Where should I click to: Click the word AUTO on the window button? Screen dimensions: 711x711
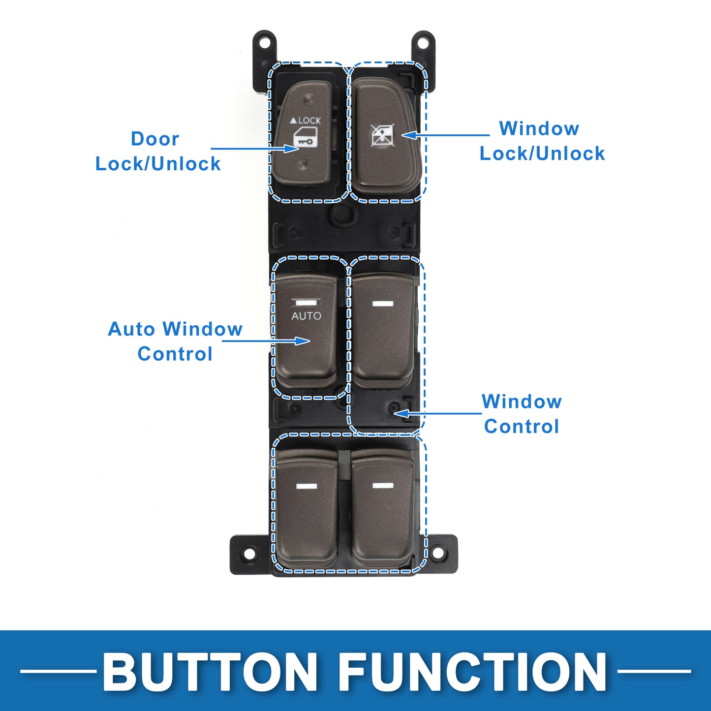(306, 316)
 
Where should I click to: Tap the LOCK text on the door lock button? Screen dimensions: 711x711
(309, 120)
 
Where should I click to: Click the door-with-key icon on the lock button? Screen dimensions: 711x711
(305, 138)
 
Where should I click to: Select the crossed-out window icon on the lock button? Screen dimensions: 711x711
(383, 135)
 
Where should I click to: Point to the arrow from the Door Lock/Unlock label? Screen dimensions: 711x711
(254, 148)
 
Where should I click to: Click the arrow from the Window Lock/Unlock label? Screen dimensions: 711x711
(445, 135)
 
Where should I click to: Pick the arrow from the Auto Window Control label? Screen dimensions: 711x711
(266, 340)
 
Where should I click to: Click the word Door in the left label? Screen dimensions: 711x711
(155, 139)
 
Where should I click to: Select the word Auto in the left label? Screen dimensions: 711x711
(132, 329)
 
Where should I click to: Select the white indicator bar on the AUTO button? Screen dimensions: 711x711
(306, 303)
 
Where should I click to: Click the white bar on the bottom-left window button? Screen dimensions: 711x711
(306, 486)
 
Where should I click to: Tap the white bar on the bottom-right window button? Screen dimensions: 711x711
(383, 485)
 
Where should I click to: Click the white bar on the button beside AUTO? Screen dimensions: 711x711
(383, 304)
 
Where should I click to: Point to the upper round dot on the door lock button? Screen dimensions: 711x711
(308, 99)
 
